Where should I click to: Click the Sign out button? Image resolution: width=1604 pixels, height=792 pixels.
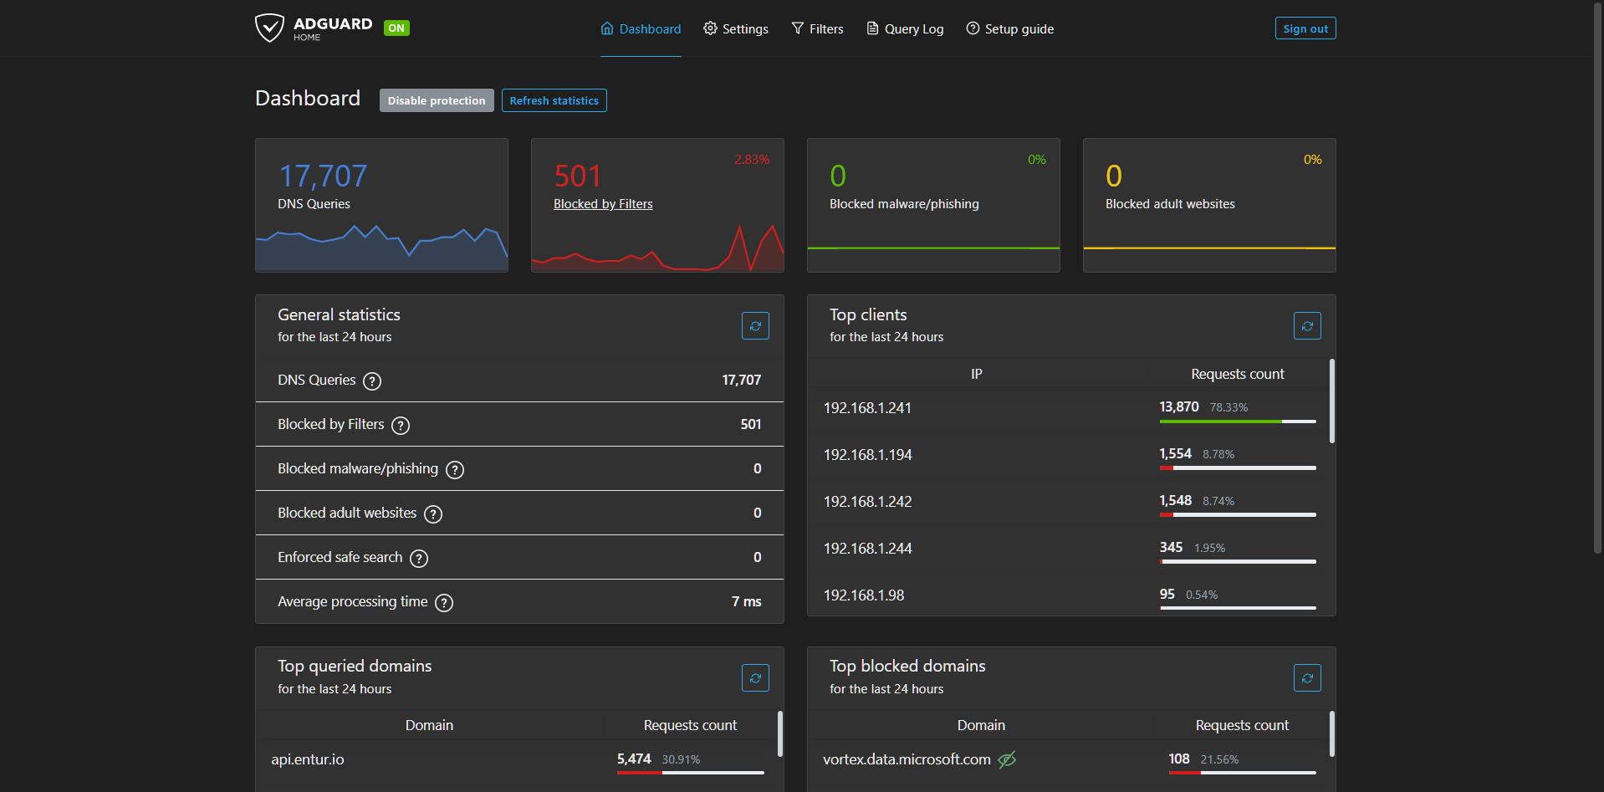coord(1305,28)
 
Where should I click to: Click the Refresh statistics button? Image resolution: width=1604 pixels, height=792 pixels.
coord(554,100)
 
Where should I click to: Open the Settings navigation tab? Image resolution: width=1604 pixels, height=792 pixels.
coord(736,28)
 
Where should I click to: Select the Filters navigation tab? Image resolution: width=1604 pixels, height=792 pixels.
coord(817,28)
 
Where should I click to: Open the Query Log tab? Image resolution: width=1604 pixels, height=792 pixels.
coord(905,28)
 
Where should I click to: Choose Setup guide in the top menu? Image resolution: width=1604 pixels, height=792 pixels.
coord(1009,28)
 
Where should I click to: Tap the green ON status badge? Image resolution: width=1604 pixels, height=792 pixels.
coord(396,28)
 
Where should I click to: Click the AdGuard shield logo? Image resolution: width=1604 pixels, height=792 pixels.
coord(269,28)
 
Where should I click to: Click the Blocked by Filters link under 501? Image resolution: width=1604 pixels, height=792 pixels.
coord(603,204)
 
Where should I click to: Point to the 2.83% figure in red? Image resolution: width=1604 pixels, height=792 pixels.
coord(752,160)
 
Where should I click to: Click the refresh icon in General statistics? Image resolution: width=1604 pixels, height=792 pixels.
coord(755,326)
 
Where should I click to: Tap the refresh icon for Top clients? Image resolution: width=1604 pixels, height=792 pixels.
coord(1307,326)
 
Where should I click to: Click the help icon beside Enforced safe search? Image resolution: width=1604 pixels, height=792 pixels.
coord(419,559)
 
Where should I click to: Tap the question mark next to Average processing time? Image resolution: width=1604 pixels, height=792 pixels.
coord(444,603)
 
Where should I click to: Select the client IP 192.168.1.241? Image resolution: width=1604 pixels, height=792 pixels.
coord(867,408)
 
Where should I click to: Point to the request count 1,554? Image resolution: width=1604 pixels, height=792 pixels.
coord(1175,453)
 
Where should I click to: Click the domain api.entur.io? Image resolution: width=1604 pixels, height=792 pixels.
coord(308,759)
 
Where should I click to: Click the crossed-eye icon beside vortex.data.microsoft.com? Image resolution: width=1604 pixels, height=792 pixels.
coord(1007,759)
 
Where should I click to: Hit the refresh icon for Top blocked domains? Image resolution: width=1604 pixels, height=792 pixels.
coord(1307,678)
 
